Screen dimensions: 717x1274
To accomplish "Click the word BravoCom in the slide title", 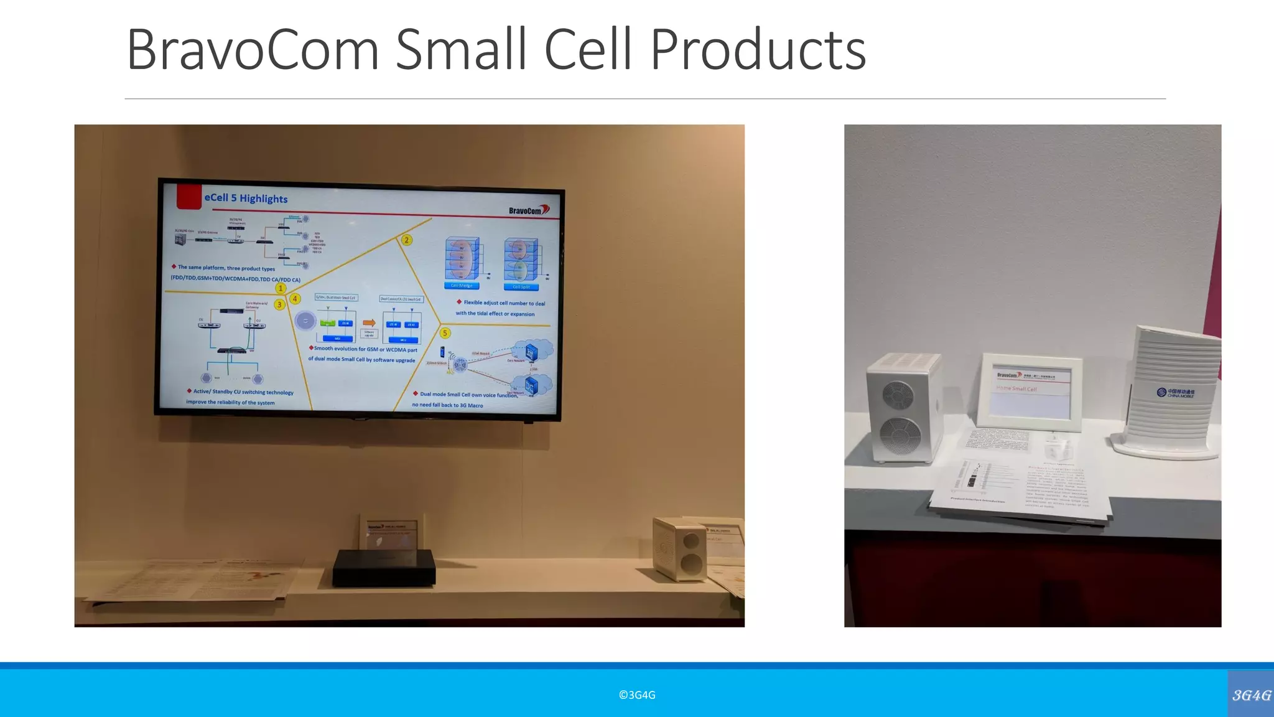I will pyautogui.click(x=252, y=50).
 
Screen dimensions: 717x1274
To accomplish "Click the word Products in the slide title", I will pyautogui.click(x=758, y=50).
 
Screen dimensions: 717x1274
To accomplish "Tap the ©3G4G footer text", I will pyautogui.click(x=637, y=695).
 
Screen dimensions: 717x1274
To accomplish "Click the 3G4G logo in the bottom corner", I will pyautogui.click(x=1251, y=695).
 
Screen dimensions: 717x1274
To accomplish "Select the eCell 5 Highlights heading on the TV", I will pyautogui.click(x=246, y=198).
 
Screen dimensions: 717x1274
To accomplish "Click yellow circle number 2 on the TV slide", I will pyautogui.click(x=406, y=240).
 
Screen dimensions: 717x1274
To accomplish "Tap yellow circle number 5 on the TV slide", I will pyautogui.click(x=445, y=333).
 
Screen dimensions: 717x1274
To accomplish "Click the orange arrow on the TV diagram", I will pyautogui.click(x=369, y=322).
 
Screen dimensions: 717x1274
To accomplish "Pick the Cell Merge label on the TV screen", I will pyautogui.click(x=462, y=286).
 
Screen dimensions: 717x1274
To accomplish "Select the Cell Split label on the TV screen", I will pyautogui.click(x=521, y=287).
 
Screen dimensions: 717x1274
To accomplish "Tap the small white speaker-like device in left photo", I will pyautogui.click(x=680, y=550).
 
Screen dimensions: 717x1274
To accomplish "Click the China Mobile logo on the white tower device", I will pyautogui.click(x=1175, y=393).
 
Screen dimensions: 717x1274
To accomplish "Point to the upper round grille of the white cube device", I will pyautogui.click(x=899, y=395).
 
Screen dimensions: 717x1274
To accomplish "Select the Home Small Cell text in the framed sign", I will pyautogui.click(x=1016, y=389).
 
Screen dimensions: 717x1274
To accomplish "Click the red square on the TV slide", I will pyautogui.click(x=188, y=196).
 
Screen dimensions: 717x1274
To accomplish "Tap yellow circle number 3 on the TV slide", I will pyautogui.click(x=279, y=304).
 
